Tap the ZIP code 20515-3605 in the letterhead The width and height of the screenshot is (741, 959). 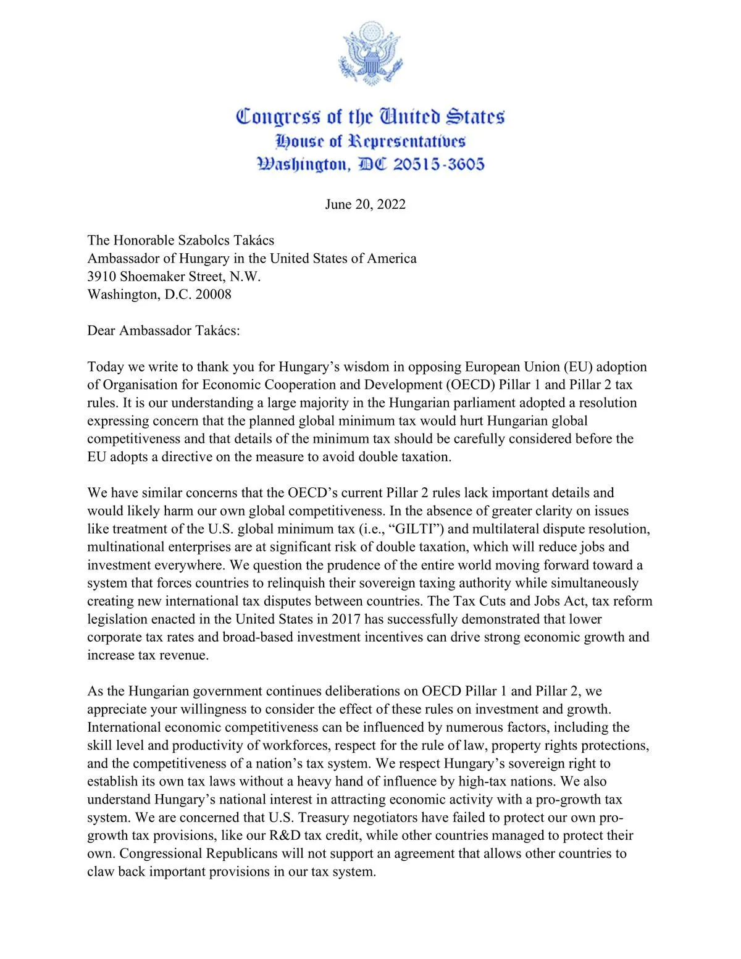[x=439, y=164]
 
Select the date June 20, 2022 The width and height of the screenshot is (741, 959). [x=365, y=204]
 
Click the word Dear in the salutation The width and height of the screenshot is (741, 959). [x=101, y=330]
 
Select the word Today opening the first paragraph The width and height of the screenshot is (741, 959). [x=106, y=366]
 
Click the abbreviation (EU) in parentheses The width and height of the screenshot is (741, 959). [x=578, y=366]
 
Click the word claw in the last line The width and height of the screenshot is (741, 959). [x=101, y=872]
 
